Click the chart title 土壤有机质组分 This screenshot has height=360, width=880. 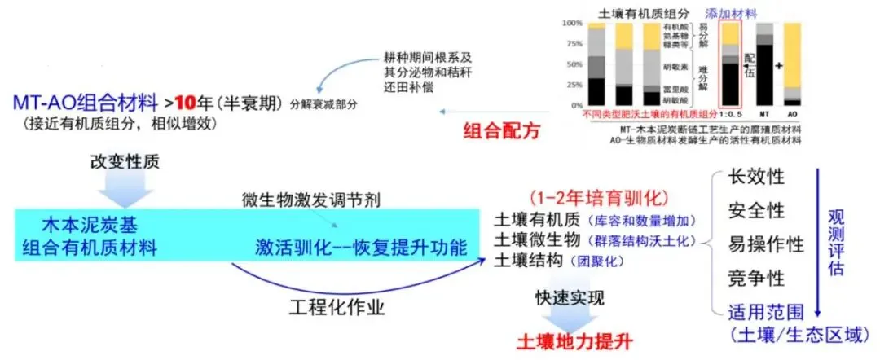(638, 14)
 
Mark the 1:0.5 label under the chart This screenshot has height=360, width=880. (732, 116)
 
